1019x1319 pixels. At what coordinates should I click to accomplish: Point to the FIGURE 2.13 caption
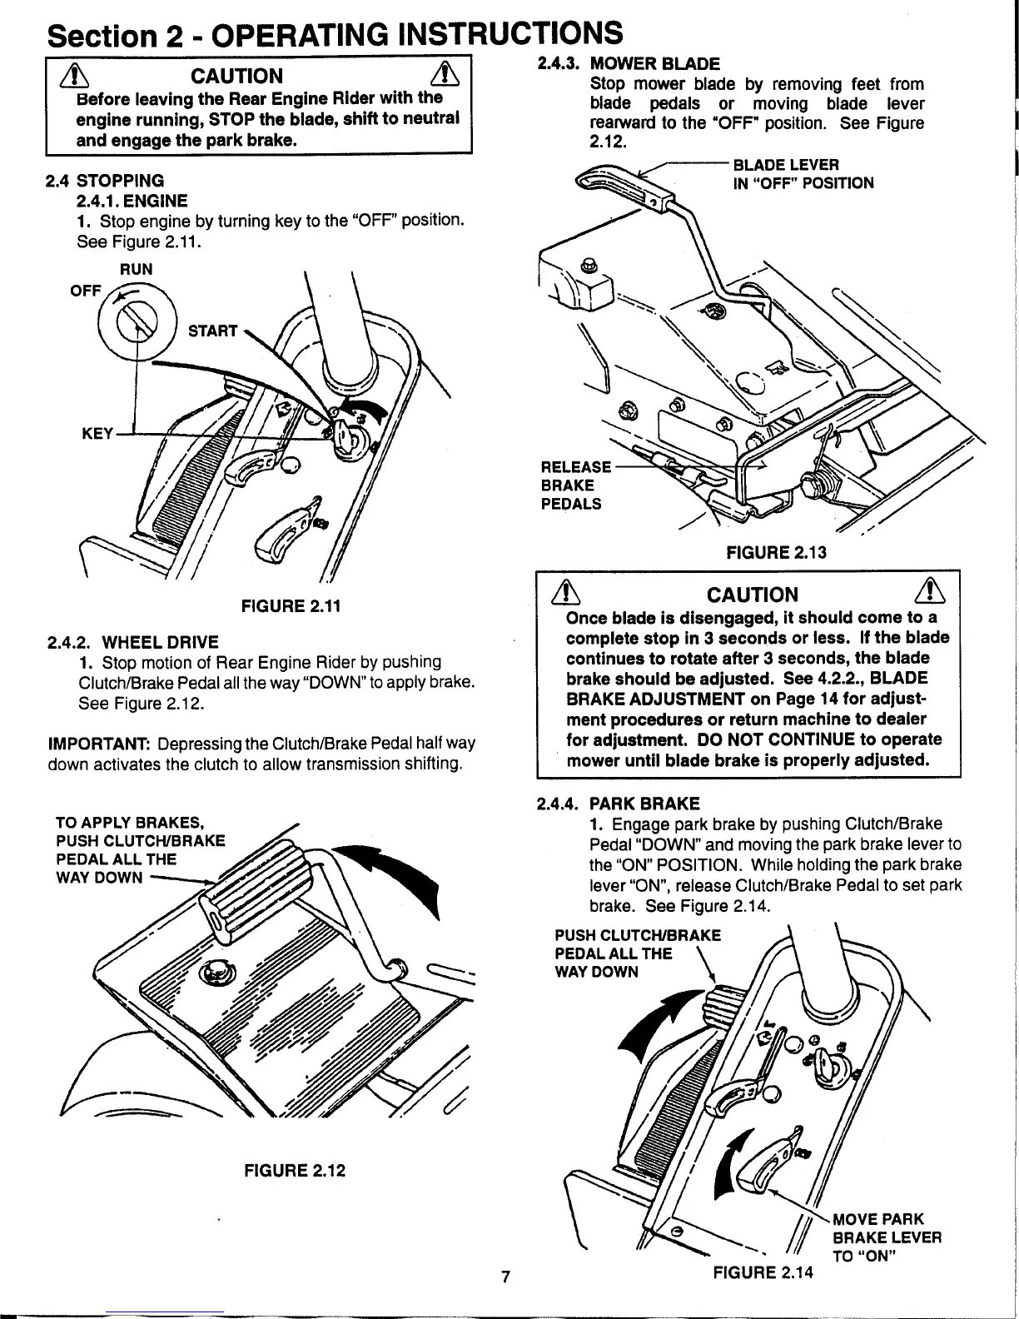(777, 551)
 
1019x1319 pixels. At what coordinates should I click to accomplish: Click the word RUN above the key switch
(137, 269)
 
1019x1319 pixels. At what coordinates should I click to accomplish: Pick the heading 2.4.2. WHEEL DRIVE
(132, 641)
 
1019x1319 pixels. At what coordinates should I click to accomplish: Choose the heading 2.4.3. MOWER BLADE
(629, 64)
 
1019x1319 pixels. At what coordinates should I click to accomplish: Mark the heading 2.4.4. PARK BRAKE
(619, 803)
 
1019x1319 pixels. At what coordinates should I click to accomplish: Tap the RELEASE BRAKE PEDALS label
(575, 485)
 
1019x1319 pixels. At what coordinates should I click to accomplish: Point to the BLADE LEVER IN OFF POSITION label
(803, 174)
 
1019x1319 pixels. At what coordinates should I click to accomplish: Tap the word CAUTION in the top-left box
(237, 77)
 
